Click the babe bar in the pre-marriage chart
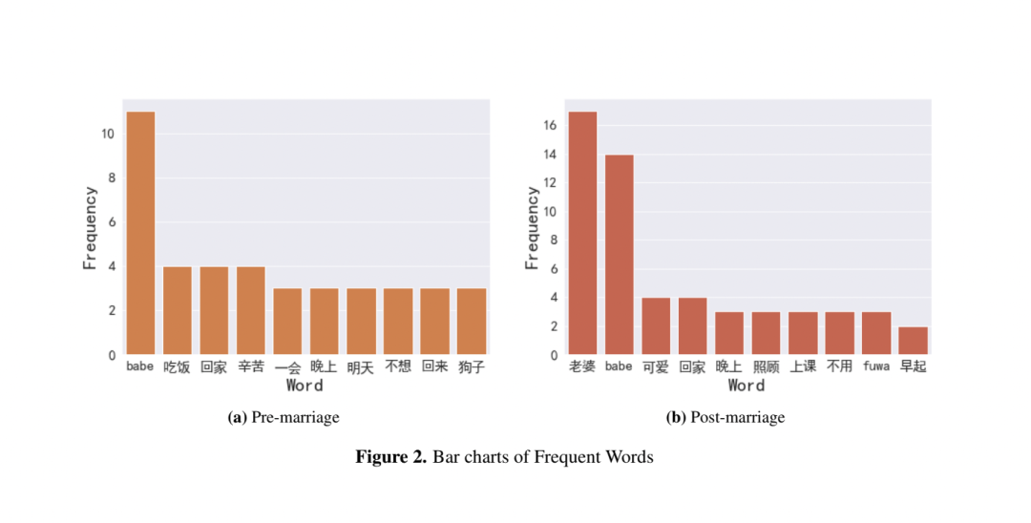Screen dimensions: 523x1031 tap(140, 233)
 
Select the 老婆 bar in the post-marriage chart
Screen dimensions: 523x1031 tap(582, 233)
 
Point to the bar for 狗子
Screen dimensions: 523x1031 tap(472, 322)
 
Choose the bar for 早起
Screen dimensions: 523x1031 tap(914, 341)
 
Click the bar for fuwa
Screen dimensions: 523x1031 tap(876, 333)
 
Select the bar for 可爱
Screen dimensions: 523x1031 tap(656, 326)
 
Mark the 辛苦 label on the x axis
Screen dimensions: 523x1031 tap(250, 366)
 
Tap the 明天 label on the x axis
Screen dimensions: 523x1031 tap(361, 367)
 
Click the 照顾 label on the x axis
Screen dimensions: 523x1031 tap(767, 366)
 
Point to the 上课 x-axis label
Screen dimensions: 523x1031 tap(803, 366)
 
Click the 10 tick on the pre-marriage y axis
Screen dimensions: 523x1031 tap(108, 134)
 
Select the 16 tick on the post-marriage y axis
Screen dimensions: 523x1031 tap(550, 125)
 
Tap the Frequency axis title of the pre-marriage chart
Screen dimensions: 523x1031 tap(91, 227)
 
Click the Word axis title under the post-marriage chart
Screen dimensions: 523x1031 tap(747, 386)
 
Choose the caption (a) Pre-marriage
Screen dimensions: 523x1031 tap(284, 417)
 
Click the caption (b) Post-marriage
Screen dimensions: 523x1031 tap(726, 417)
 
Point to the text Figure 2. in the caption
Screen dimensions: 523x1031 tap(391, 457)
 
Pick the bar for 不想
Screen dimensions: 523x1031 tap(398, 322)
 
